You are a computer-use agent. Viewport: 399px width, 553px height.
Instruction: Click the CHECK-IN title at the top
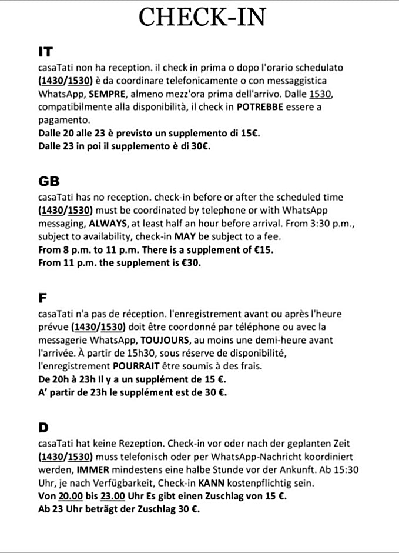click(202, 18)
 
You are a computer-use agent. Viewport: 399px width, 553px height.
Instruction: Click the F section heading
click(42, 298)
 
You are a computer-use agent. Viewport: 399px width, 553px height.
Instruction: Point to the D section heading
click(43, 426)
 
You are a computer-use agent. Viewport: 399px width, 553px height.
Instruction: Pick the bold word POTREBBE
click(263, 107)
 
